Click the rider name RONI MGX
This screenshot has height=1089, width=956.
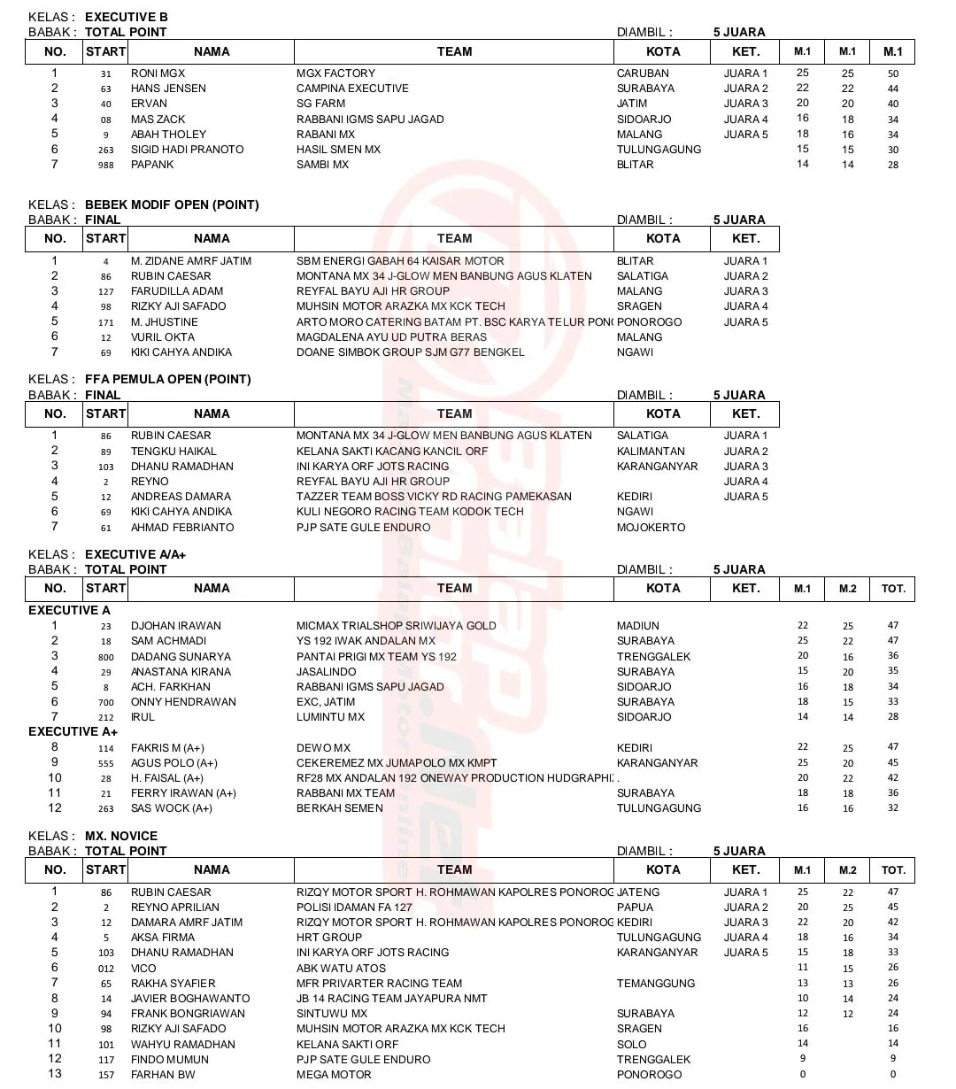click(x=158, y=73)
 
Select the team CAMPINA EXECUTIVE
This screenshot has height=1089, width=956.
click(x=352, y=89)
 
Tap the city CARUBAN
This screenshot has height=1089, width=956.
click(x=643, y=73)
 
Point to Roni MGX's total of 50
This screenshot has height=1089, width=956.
click(x=893, y=73)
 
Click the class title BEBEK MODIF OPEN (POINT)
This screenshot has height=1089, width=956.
click(x=172, y=205)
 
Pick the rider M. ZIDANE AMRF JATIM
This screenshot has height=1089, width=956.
click(x=190, y=261)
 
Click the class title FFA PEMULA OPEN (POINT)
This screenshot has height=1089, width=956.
click(x=167, y=379)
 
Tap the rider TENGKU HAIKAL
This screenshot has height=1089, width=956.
click(x=173, y=451)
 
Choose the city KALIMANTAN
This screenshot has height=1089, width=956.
click(x=651, y=451)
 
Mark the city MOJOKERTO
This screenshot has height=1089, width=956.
click(x=651, y=528)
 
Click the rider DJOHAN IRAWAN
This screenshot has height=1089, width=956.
click(x=176, y=626)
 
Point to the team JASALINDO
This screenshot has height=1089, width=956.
click(x=327, y=672)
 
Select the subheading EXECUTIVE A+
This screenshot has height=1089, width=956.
click(x=73, y=732)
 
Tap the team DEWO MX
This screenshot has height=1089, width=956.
click(x=323, y=748)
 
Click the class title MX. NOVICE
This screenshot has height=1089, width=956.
click(x=121, y=836)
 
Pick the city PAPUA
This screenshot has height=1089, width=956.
click(x=635, y=907)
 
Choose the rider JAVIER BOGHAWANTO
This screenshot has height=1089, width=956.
click(x=190, y=999)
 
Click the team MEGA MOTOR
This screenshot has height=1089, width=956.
click(x=334, y=1075)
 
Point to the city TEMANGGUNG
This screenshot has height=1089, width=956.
click(x=656, y=984)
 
